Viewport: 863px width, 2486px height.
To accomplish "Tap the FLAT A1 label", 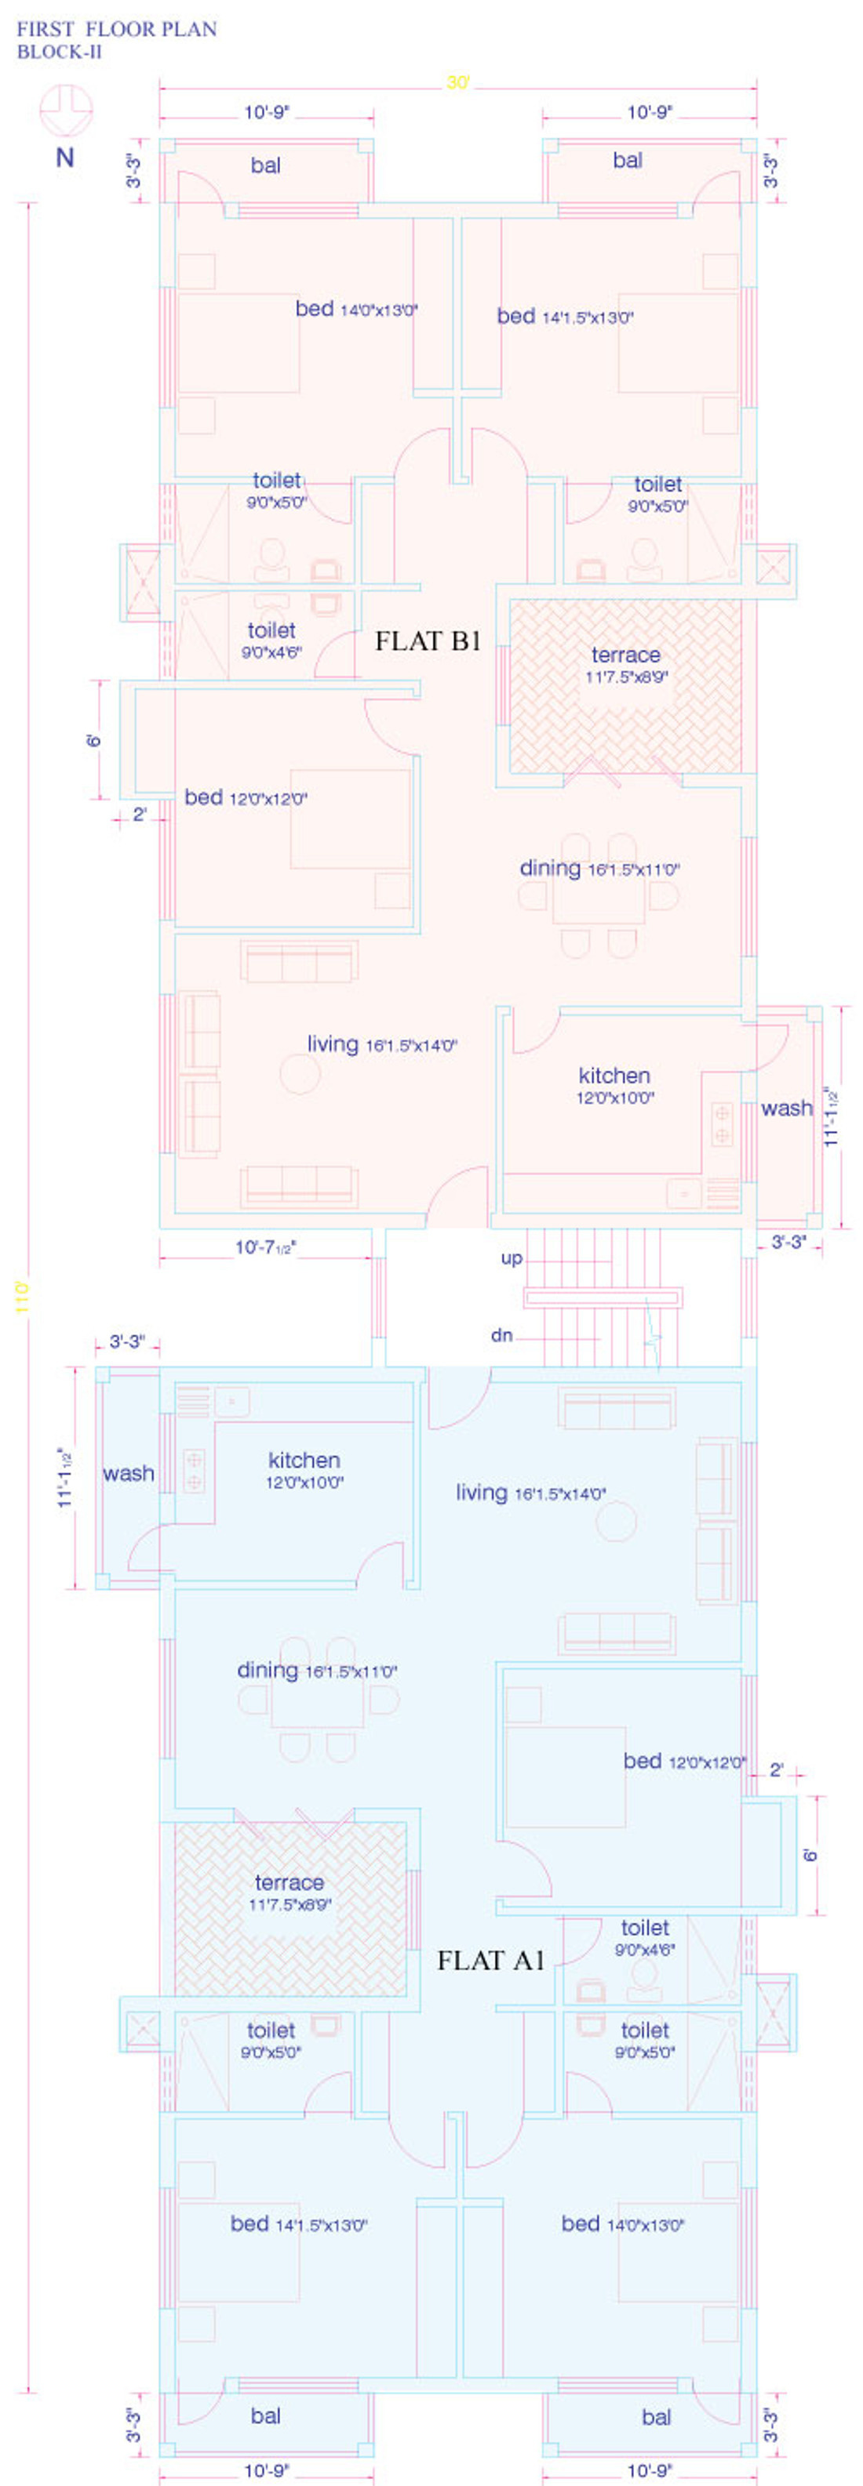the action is pyautogui.click(x=491, y=1960).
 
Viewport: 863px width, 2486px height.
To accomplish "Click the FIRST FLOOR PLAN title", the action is pyautogui.click(x=117, y=29).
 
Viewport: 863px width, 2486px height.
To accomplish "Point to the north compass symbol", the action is pyautogui.click(x=66, y=111).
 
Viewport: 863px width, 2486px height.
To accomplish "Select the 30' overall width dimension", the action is pyautogui.click(x=457, y=83).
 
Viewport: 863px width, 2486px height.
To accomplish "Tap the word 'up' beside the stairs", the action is pyautogui.click(x=512, y=1258).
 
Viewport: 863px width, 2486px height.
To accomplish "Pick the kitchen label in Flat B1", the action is pyautogui.click(x=615, y=1085).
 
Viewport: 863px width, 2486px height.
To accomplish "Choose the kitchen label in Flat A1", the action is pyautogui.click(x=304, y=1470).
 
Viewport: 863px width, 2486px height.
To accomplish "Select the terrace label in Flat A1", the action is pyautogui.click(x=289, y=1892).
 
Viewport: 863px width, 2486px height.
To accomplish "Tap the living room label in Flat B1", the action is pyautogui.click(x=382, y=1044).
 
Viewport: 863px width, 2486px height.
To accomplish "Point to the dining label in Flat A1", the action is pyautogui.click(x=318, y=1671).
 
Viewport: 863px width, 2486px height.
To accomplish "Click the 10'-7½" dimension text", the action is pyautogui.click(x=265, y=1247).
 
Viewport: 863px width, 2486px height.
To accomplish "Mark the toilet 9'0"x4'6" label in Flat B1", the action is pyautogui.click(x=271, y=640).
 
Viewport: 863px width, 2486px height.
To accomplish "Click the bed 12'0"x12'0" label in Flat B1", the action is pyautogui.click(x=246, y=798).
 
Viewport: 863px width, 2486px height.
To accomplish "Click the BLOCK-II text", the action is pyautogui.click(x=60, y=52).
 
